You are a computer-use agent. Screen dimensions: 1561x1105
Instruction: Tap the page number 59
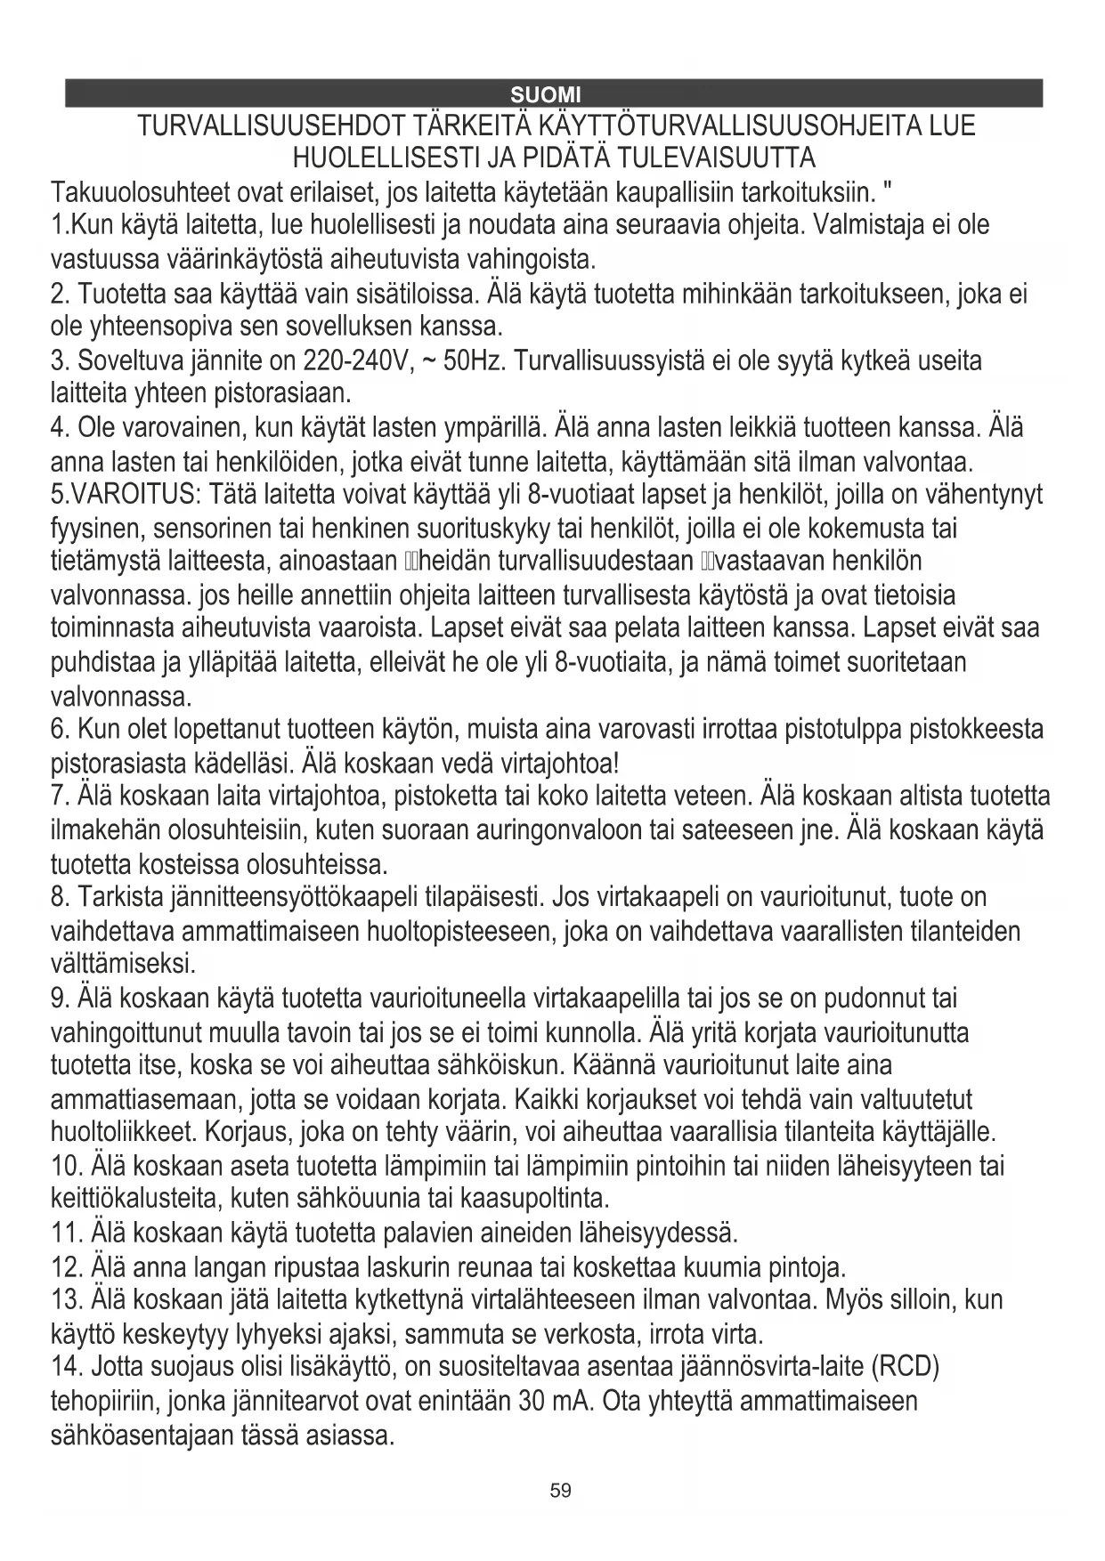pyautogui.click(x=560, y=1491)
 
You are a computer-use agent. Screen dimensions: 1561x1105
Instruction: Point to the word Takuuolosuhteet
pyautogui.click(x=138, y=192)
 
